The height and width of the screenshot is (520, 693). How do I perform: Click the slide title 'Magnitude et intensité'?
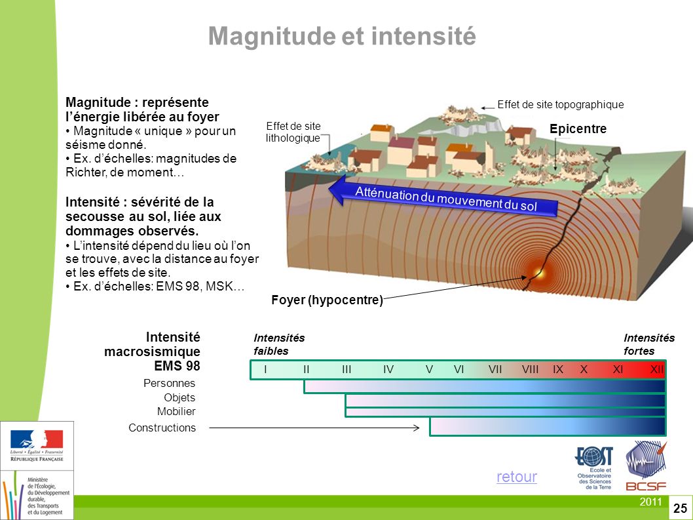341,37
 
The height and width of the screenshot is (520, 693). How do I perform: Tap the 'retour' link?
516,477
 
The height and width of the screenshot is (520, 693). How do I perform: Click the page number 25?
680,508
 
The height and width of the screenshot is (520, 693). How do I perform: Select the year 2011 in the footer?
650,502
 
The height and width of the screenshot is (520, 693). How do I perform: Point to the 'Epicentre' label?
578,130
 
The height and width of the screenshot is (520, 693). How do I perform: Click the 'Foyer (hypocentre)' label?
327,300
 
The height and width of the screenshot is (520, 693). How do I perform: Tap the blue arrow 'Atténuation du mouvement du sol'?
445,197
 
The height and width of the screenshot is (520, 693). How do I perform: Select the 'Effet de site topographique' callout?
561,104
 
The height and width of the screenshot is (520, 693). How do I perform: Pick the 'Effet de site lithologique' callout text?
293,132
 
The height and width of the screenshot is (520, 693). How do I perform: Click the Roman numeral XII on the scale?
657,370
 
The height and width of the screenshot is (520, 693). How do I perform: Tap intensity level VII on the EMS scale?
495,370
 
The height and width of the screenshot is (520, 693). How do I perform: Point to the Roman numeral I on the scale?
265,370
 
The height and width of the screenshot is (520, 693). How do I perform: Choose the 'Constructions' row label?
162,428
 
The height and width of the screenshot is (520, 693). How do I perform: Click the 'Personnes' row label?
169,383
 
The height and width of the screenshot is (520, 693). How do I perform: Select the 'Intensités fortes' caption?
648,344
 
